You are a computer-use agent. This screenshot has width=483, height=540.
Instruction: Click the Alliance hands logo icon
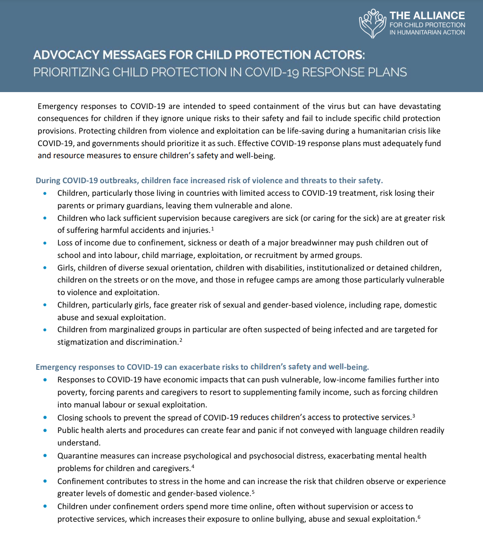tap(373, 24)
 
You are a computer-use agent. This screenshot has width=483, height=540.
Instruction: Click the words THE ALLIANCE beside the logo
tap(427, 15)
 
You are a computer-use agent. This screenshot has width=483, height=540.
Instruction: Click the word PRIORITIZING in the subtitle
tap(71, 72)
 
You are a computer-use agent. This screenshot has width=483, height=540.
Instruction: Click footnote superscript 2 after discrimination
tap(181, 340)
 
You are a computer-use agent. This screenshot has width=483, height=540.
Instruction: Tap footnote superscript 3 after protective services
tap(414, 415)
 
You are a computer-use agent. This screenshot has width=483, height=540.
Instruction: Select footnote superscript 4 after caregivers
tap(193, 466)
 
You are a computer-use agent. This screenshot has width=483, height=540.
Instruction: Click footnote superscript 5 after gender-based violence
tap(253, 491)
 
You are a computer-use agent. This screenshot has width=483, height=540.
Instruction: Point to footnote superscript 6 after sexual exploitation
tap(419, 516)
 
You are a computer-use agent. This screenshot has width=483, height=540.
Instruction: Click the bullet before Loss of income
tap(45, 243)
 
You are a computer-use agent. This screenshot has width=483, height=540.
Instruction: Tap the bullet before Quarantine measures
tap(45, 456)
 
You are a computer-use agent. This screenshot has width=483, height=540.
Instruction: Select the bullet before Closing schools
tap(45, 418)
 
